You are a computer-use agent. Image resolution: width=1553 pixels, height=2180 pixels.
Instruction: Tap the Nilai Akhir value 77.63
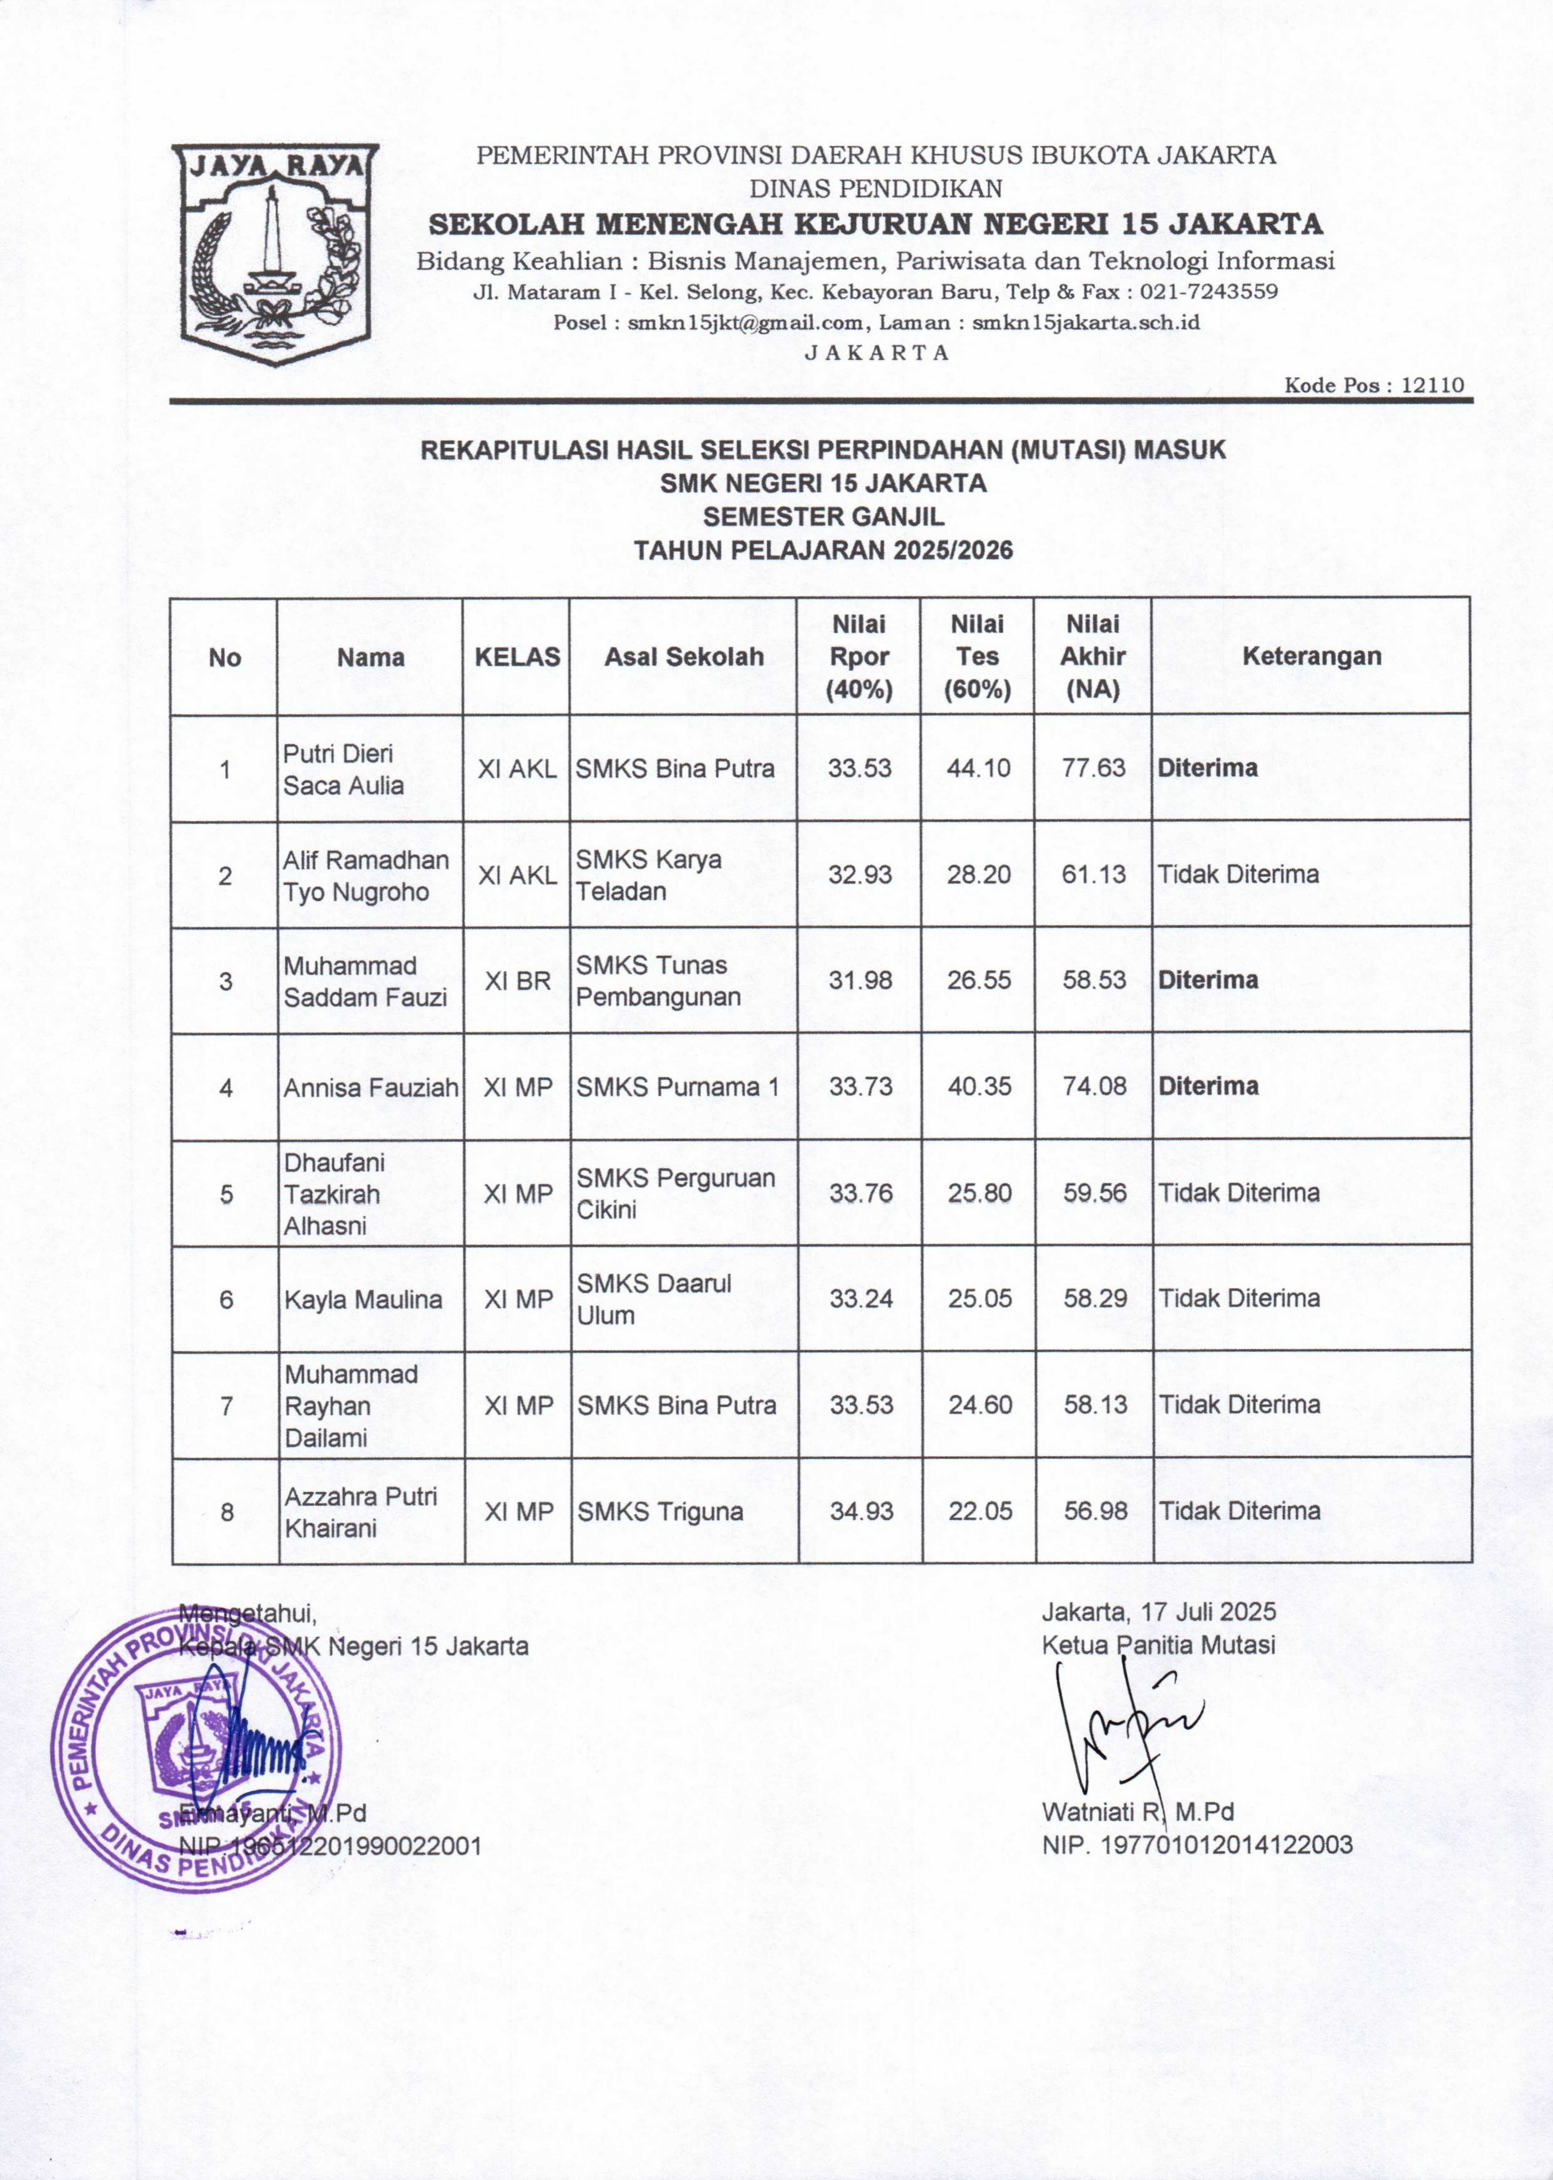tap(1094, 768)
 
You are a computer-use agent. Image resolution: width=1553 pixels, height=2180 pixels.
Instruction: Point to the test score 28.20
tap(978, 874)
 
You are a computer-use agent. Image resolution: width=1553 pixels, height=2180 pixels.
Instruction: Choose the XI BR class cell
tap(517, 980)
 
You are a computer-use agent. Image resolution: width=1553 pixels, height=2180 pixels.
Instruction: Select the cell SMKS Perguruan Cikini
tap(675, 1193)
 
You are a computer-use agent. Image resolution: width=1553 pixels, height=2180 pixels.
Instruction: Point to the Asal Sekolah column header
tap(684, 656)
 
